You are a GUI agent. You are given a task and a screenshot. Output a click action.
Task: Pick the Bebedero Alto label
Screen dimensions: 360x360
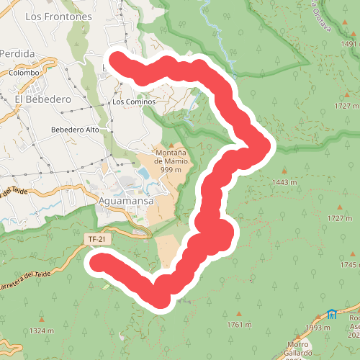pyautogui.click(x=75, y=130)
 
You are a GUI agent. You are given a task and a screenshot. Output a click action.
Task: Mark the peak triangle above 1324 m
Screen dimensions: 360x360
pyautogui.click(x=42, y=319)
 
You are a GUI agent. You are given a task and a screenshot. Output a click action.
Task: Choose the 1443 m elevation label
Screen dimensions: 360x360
pyautogui.click(x=285, y=182)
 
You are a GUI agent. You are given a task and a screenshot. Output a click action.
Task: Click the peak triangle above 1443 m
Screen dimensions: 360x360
pyautogui.click(x=285, y=171)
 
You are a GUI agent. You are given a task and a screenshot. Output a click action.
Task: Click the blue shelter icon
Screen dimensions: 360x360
pyautogui.click(x=331, y=314)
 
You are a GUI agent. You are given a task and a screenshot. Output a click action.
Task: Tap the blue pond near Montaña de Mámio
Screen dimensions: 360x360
pyautogui.click(x=143, y=174)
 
